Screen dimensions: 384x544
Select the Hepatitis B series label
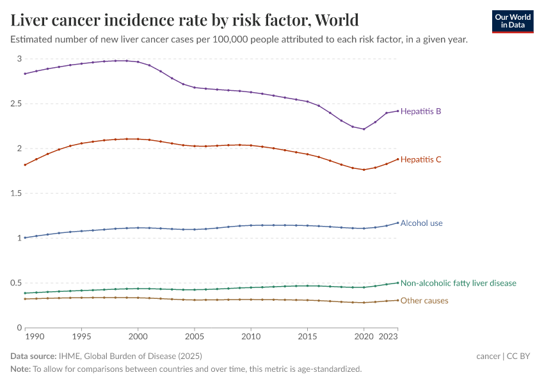click(420, 111)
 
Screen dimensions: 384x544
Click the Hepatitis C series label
click(420, 159)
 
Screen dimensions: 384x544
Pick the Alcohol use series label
click(421, 223)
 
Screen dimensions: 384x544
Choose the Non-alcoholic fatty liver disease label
click(458, 283)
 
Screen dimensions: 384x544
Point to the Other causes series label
click(424, 301)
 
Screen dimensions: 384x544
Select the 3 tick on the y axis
click(19, 59)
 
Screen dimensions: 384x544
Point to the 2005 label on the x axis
click(195, 336)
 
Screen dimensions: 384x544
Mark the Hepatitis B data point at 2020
click(364, 129)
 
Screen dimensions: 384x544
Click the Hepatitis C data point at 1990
click(25, 164)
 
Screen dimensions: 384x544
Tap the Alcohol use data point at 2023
click(397, 223)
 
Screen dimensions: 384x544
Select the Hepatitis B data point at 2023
click(397, 111)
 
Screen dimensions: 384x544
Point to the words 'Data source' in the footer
click(31, 356)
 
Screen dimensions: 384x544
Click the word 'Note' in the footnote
click(20, 369)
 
